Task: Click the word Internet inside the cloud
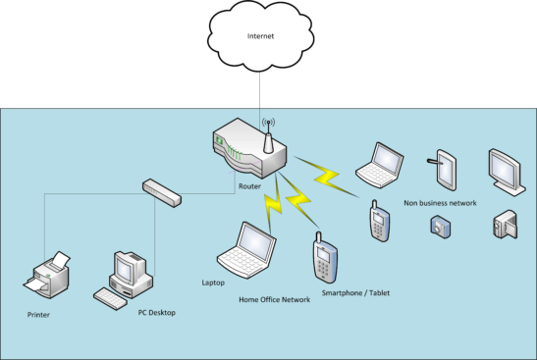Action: (x=260, y=38)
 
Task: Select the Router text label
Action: (x=248, y=184)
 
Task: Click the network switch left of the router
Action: (x=161, y=191)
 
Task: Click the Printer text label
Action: (x=38, y=315)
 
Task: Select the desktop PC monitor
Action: (x=129, y=266)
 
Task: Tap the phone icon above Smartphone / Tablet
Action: (x=324, y=260)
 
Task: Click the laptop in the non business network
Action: (x=376, y=164)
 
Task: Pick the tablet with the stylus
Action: (x=442, y=169)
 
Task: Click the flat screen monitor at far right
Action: (x=506, y=169)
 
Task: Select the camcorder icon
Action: (x=504, y=226)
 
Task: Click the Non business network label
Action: (x=440, y=203)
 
